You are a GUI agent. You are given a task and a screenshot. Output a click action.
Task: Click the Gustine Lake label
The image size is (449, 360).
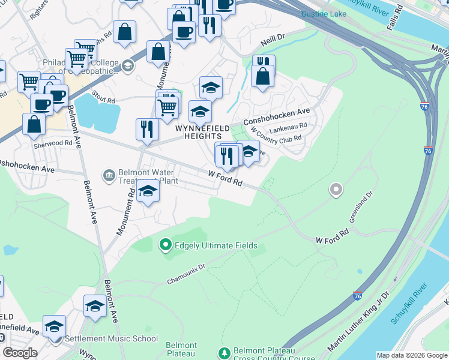coord(325,14)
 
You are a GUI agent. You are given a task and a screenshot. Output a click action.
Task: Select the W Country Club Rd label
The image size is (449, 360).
coord(276,137)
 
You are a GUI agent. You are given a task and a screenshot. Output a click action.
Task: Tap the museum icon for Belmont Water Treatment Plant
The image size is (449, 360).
coord(109,175)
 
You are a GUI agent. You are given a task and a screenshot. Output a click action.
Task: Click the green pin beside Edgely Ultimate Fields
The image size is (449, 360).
coord(166,245)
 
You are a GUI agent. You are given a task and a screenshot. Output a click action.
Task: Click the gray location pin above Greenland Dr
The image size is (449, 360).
coord(336,190)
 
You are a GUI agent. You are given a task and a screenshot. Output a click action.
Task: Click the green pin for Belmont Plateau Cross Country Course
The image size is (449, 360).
coord(224,352)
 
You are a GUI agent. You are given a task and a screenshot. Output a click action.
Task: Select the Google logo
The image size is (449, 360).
coord(20,353)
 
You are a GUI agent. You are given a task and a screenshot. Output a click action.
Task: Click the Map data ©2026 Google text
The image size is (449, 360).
coord(411,356)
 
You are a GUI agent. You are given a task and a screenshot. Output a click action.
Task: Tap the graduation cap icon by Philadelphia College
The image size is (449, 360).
coord(127,65)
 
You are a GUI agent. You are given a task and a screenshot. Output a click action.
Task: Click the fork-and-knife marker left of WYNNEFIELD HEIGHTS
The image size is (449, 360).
coord(147,128)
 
